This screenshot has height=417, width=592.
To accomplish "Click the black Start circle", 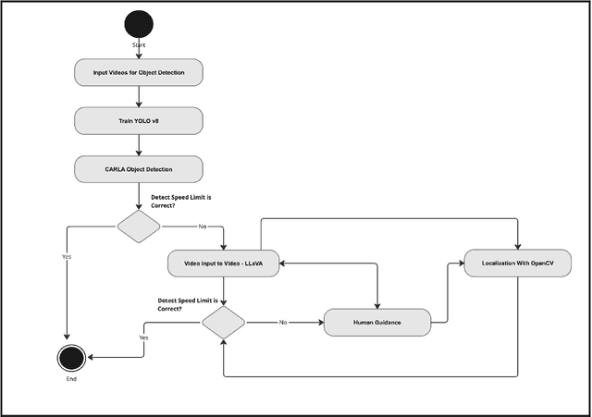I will (138, 23).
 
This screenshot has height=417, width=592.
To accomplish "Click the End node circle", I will (71, 357).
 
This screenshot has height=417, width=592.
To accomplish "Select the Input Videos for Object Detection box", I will (138, 73).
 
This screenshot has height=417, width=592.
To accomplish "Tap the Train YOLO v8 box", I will (138, 121).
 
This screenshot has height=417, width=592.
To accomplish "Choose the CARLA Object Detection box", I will (138, 169).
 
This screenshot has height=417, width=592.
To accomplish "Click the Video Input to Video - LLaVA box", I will (223, 264).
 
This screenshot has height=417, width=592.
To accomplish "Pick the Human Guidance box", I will (377, 323).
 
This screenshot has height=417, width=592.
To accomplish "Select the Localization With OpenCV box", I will (518, 264).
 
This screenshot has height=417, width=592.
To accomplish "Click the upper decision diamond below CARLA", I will (138, 227).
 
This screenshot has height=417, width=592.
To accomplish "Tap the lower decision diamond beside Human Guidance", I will (223, 323).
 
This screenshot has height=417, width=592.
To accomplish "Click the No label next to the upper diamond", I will (203, 227).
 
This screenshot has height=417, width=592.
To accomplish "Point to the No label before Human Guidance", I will (283, 323).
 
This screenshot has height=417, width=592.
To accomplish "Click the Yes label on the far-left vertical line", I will (66, 256).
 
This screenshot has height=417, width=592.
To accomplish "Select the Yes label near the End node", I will (143, 338).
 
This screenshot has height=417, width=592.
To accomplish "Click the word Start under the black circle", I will (138, 44).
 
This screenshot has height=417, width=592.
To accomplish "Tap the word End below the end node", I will (71, 379).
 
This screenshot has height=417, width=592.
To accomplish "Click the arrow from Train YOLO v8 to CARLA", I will (138, 145).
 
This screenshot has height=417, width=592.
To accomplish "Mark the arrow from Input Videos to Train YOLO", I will (138, 97).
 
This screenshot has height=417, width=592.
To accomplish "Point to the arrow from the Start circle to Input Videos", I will (138, 52).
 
